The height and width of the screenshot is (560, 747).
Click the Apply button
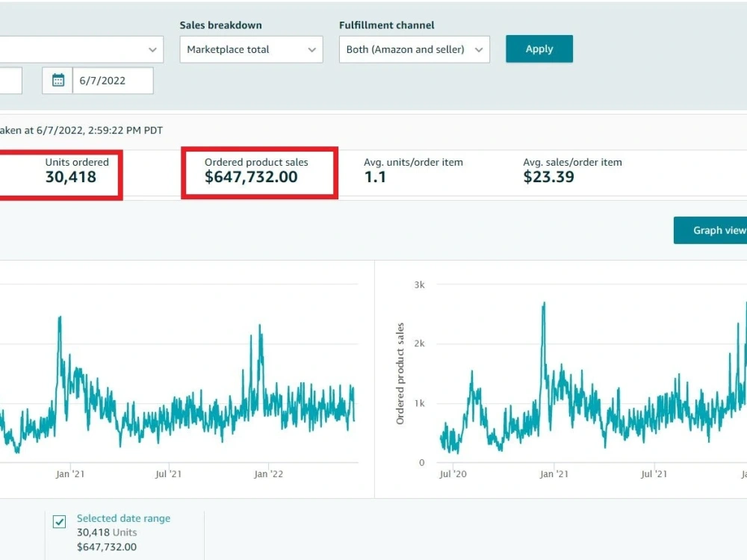(x=539, y=49)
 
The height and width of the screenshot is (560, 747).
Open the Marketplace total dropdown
(x=251, y=49)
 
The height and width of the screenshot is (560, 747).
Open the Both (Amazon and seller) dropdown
(x=415, y=49)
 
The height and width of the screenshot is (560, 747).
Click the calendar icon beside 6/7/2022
(x=58, y=81)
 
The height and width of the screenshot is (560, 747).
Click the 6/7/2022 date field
(x=113, y=81)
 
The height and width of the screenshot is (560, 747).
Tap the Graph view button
(x=710, y=231)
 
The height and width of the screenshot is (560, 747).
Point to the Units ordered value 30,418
(x=71, y=177)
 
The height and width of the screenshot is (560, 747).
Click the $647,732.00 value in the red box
(x=251, y=177)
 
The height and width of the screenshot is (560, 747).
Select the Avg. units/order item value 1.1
(x=375, y=177)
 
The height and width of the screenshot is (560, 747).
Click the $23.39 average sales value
(x=549, y=177)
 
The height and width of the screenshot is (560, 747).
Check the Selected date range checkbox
(x=60, y=522)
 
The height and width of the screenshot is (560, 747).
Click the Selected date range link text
(x=123, y=519)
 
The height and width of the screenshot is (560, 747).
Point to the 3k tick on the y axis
(x=419, y=284)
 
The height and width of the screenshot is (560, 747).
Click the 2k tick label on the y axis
(x=419, y=343)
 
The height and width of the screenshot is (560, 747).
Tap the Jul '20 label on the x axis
(x=453, y=474)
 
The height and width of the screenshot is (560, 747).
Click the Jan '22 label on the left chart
(x=268, y=474)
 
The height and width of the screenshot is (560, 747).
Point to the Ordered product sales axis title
(x=400, y=373)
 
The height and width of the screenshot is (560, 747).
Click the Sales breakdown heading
(x=220, y=25)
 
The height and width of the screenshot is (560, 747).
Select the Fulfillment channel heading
(x=386, y=25)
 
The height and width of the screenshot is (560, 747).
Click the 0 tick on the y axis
(x=421, y=462)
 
